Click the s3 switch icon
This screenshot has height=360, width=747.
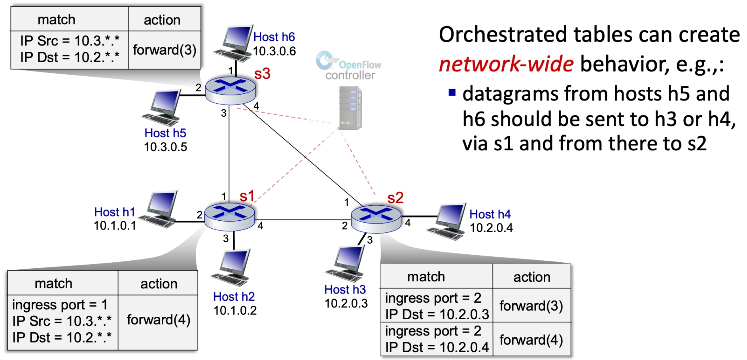coord(231,90)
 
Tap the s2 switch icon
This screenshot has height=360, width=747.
coord(376,218)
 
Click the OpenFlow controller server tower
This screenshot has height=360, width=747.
coord(350,108)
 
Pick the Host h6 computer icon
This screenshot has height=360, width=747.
coord(235,43)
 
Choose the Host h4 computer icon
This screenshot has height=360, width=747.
coord(449,222)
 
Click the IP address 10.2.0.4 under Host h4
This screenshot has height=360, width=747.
coord(491,228)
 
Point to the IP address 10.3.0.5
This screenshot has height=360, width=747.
coord(165,147)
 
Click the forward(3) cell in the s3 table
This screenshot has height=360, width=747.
coord(165,50)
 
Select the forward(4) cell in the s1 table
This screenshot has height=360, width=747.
coord(158,320)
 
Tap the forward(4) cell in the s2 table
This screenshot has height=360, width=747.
coord(531,340)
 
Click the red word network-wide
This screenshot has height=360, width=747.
coord(506,64)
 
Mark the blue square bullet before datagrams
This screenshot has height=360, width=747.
coord(452,93)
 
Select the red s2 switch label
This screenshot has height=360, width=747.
coord(395,198)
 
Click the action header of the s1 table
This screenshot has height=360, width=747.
coord(159,284)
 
